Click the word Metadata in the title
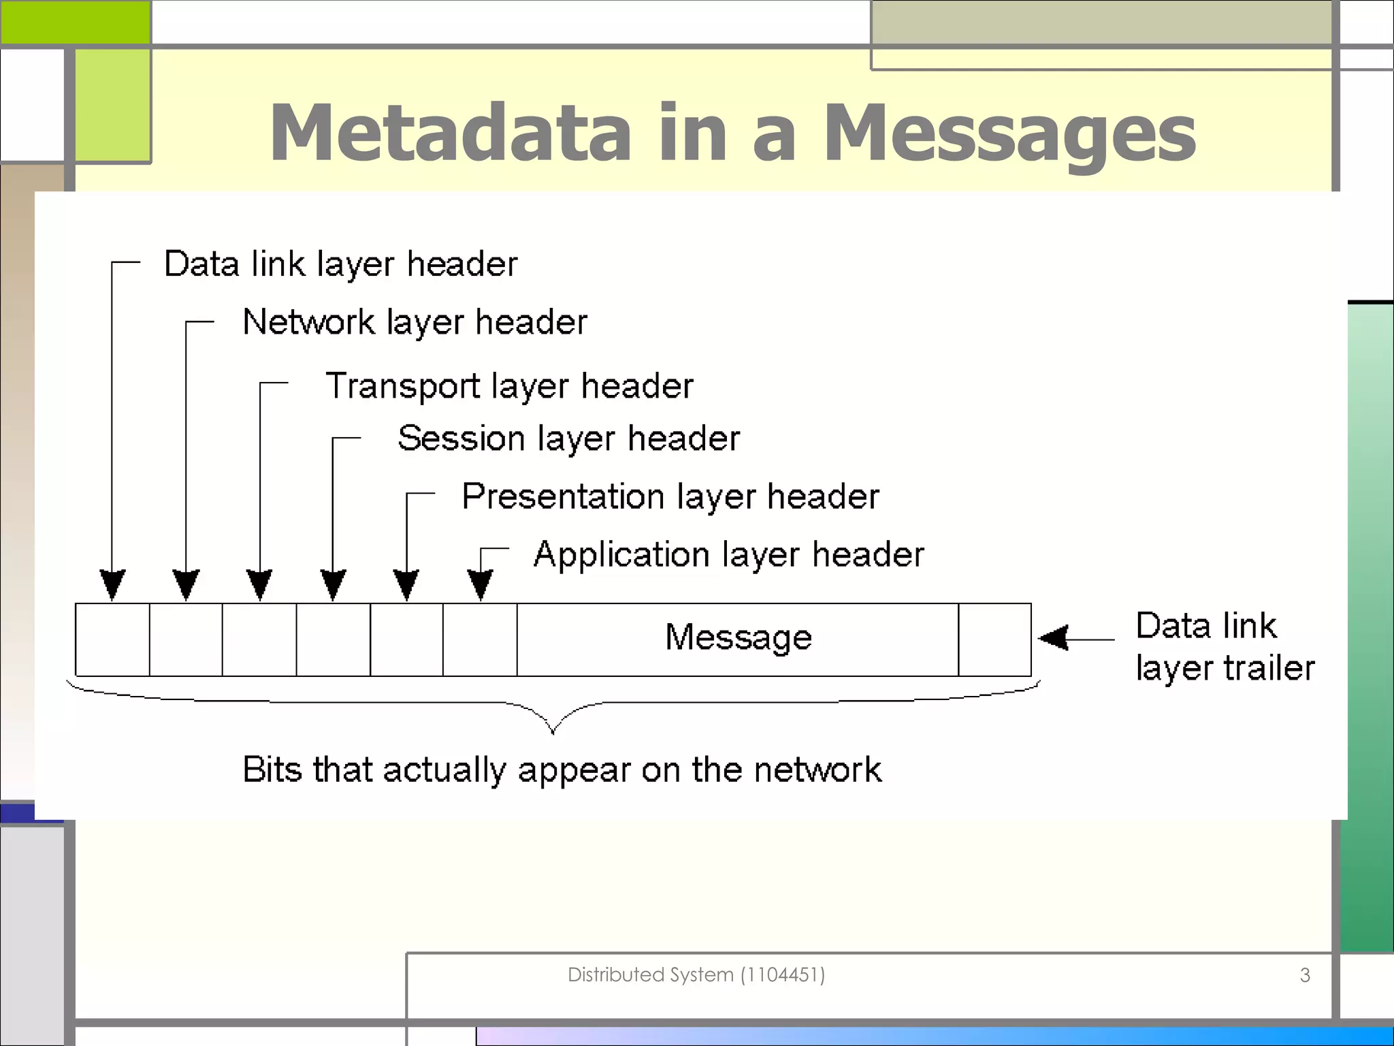[451, 132]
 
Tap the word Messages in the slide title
[1009, 133]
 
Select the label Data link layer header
[340, 264]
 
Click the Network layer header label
[415, 322]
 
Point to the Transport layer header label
[509, 386]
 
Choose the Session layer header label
[568, 439]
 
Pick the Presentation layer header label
[670, 496]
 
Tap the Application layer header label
[728, 555]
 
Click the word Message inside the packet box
[739, 638]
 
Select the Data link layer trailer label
[1225, 646]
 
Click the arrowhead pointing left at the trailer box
[1054, 638]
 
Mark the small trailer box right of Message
[994, 639]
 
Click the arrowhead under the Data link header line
[112, 585]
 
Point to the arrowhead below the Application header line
[480, 585]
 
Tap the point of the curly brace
[553, 731]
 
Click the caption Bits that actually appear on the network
[562, 770]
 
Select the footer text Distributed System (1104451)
[696, 974]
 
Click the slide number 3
[1304, 975]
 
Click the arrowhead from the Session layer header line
[333, 585]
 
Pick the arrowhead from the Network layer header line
[186, 585]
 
